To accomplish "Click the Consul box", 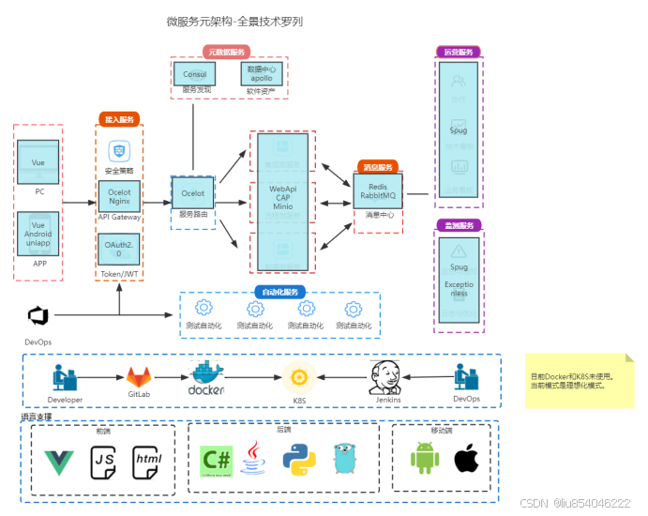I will [195, 74].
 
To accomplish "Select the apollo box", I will [261, 74].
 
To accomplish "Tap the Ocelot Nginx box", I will [119, 195].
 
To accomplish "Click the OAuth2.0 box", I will [119, 249].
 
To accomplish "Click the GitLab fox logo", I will [139, 377].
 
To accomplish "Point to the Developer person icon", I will [64, 376].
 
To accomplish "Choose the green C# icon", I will [217, 459].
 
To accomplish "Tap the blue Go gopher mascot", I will [346, 459].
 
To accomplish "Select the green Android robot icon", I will [425, 459].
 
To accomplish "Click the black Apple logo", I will [466, 459].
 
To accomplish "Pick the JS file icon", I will [103, 461].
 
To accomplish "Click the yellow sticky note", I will [579, 380].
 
